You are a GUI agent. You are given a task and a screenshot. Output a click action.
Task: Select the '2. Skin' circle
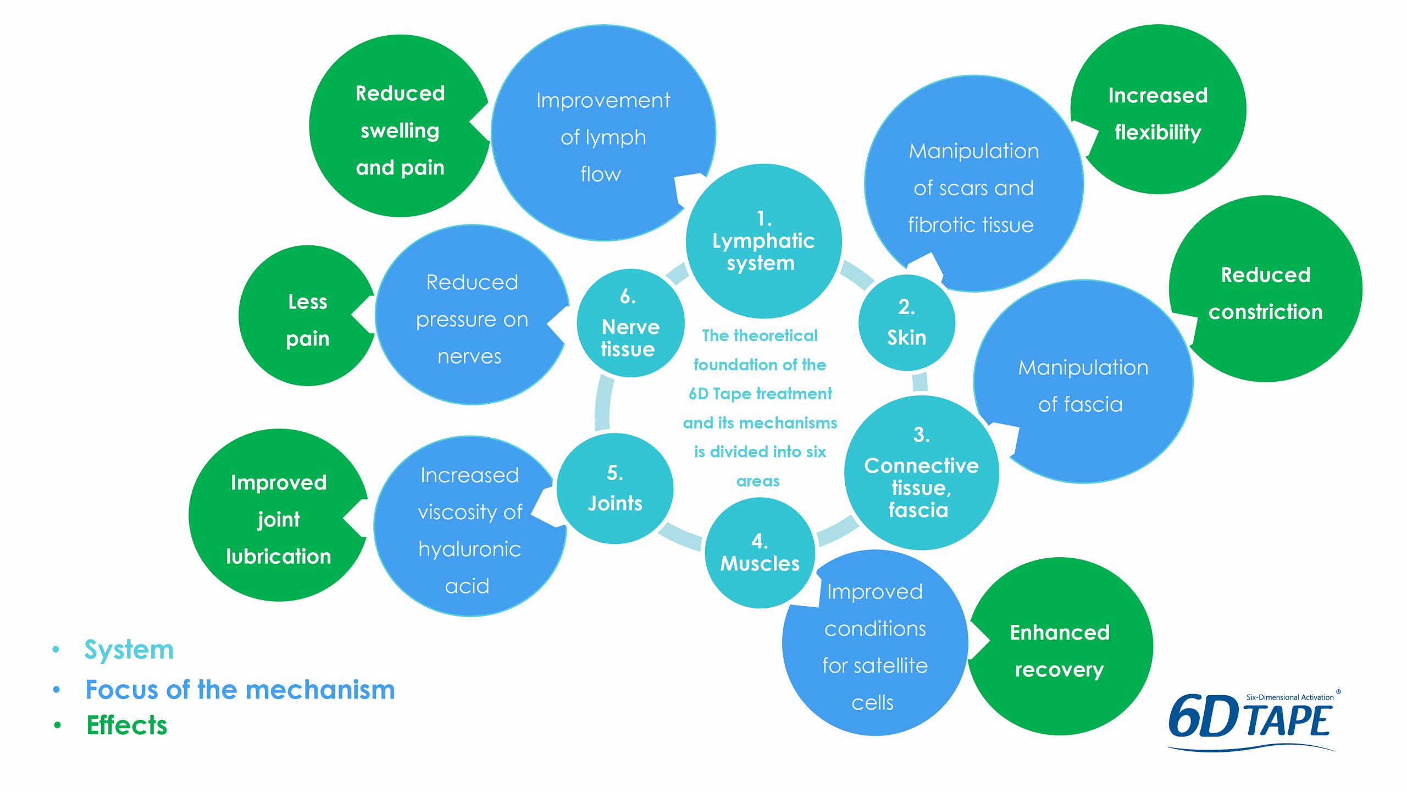[x=907, y=323]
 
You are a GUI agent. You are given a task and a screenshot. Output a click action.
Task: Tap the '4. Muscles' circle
[x=760, y=553]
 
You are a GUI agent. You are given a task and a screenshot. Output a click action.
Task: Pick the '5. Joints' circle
[x=615, y=488]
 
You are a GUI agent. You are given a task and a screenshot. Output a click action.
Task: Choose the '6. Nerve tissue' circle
[x=630, y=323]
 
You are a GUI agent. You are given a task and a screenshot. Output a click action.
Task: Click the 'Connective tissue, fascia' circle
[x=921, y=473]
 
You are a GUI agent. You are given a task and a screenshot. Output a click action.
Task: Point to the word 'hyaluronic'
[x=469, y=549]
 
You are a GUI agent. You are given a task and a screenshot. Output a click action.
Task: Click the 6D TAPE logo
[x=1252, y=721]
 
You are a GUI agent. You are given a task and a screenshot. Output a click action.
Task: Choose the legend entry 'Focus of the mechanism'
[x=240, y=690]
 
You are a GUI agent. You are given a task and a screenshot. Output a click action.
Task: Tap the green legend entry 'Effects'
[x=127, y=725]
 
